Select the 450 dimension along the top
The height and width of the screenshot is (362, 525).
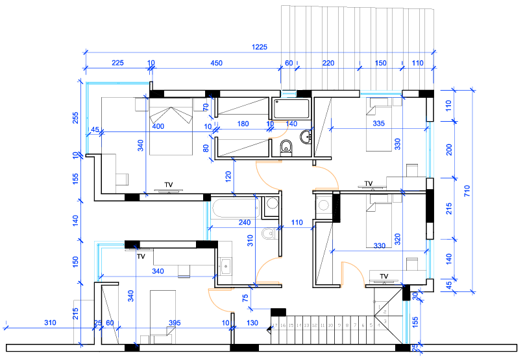coord(215,63)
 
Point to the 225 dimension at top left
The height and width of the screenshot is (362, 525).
coord(117,63)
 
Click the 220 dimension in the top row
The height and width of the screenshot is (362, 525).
coord(328,63)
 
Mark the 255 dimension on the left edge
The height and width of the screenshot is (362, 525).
coord(75,118)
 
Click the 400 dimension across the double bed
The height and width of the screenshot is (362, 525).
coord(158,126)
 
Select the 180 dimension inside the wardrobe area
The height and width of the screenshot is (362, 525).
coord(243,124)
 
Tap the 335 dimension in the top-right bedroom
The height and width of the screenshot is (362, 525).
coord(380,124)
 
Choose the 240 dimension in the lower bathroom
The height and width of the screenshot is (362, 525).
coord(244,223)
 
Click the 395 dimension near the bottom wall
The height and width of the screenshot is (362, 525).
coord(174,322)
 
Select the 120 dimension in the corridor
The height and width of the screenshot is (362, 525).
coord(228,175)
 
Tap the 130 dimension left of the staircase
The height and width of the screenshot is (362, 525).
coord(252,322)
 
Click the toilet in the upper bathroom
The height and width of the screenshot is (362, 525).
coord(286,148)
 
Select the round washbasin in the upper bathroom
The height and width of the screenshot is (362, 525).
coord(305,135)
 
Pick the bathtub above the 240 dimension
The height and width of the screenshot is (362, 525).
coord(234,209)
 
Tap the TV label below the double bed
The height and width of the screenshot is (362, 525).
coord(169,185)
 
